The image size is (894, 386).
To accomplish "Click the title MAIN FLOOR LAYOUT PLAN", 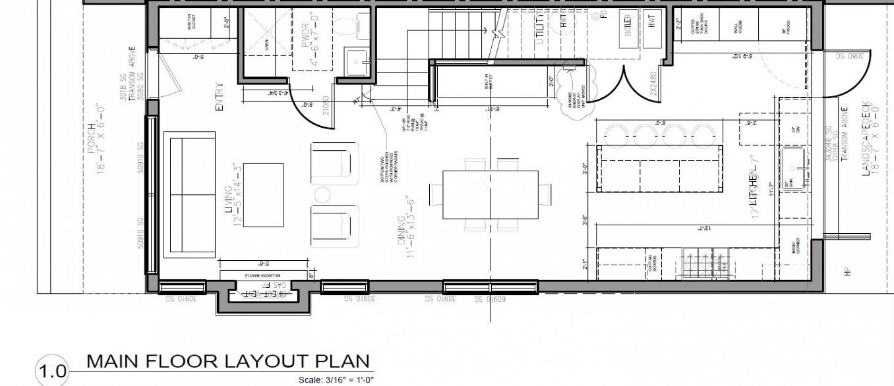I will tap(229, 361).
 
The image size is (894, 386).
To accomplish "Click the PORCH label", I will tap(93, 138).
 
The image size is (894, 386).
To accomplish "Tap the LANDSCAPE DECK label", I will tap(866, 138).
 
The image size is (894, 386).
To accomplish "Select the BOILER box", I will tap(628, 30).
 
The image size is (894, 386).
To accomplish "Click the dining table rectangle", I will tap(490, 195).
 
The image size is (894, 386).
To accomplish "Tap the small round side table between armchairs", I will tap(322, 195).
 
